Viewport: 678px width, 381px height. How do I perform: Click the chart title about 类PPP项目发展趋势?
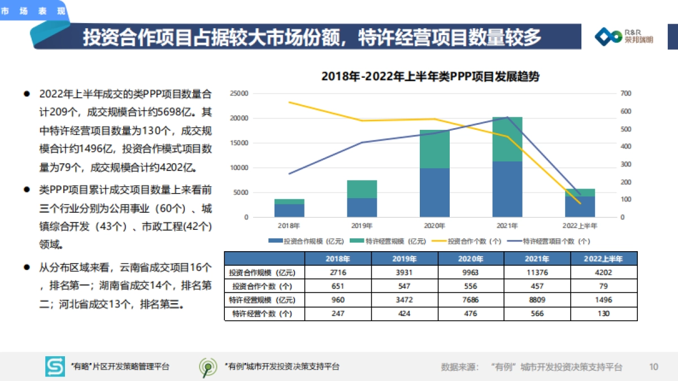(430, 77)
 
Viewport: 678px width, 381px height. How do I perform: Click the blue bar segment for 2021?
(507, 189)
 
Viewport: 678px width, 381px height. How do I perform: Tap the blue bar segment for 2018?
(289, 210)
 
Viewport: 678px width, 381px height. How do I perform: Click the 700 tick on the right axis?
(625, 94)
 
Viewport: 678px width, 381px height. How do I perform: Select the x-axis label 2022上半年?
(580, 226)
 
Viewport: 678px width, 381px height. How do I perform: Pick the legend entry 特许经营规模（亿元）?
(388, 241)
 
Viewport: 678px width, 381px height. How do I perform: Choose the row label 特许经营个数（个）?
(264, 313)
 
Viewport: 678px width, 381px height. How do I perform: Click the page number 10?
(654, 367)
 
